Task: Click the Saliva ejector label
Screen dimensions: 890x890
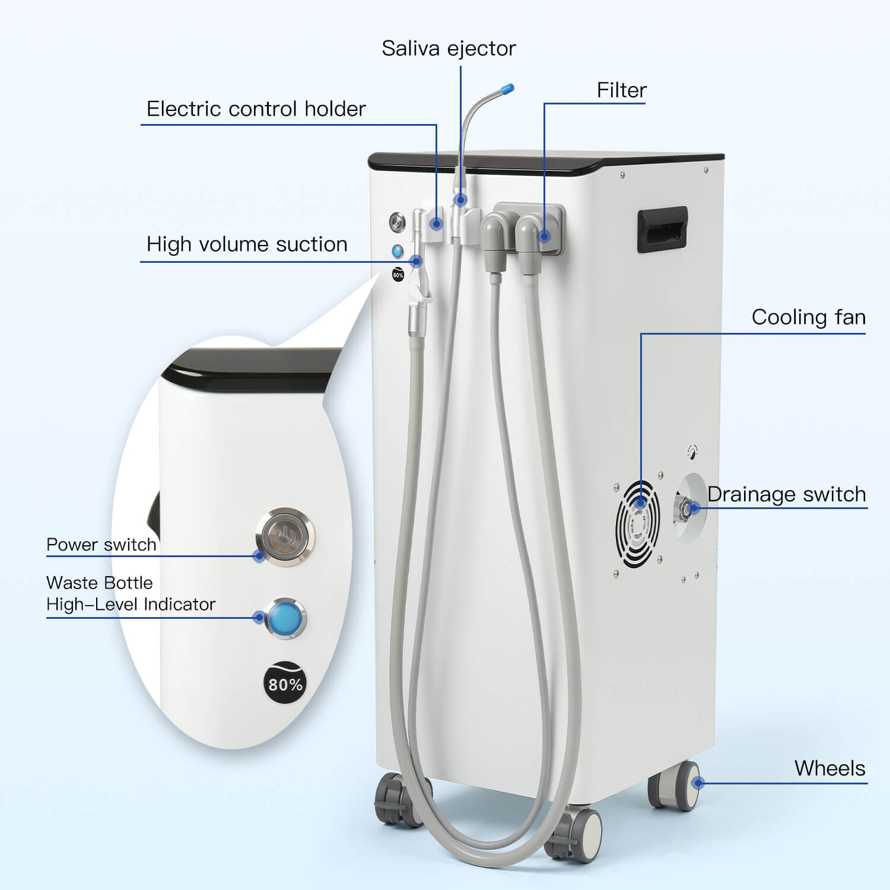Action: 449,48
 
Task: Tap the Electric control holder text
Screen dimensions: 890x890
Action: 256,109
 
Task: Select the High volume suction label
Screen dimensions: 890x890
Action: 247,244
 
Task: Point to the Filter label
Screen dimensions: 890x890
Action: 621,90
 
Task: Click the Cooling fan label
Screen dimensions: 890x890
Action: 808,317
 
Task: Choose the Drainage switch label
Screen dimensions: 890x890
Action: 787,494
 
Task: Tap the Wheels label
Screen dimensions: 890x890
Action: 829,768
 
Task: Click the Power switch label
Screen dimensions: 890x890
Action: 101,545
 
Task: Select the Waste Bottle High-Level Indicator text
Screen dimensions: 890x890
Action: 131,593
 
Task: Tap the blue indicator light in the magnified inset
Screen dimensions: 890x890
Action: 285,618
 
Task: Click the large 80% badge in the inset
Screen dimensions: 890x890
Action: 285,684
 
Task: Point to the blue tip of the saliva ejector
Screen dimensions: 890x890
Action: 507,90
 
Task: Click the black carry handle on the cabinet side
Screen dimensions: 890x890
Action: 662,228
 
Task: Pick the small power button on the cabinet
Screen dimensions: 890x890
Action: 397,223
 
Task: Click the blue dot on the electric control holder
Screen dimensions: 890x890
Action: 437,224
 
